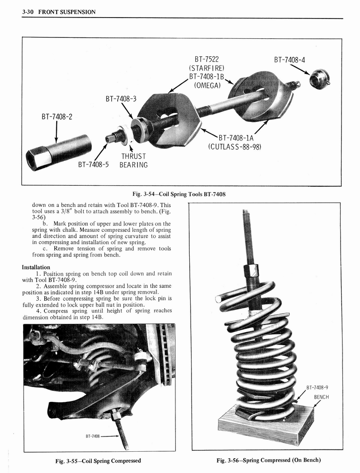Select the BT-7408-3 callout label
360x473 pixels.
(x=121, y=98)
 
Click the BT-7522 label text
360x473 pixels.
(x=206, y=59)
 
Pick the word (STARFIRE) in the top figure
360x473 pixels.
(x=206, y=68)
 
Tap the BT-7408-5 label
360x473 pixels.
(x=93, y=164)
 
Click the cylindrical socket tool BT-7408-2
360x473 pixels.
(x=59, y=151)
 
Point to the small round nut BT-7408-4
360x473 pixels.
(x=319, y=79)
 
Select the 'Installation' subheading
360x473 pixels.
(x=36, y=267)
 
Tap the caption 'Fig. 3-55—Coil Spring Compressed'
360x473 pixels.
(x=99, y=460)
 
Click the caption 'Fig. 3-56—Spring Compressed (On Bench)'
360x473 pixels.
(x=269, y=460)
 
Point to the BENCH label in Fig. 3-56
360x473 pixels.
(x=322, y=397)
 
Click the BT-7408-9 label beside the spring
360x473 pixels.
(x=320, y=388)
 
